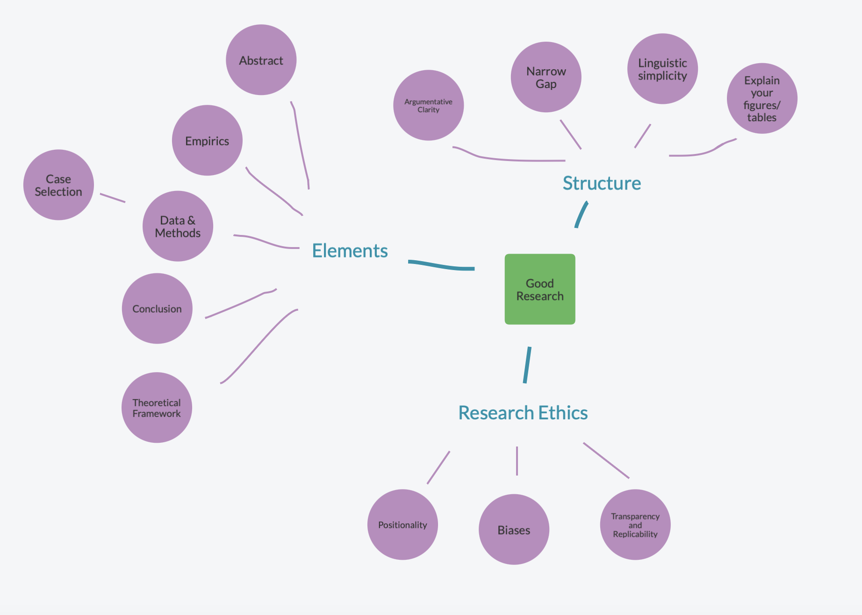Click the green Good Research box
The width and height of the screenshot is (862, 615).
pyautogui.click(x=540, y=289)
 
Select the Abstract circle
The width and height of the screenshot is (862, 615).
pyautogui.click(x=261, y=60)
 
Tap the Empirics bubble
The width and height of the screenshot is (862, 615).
pyautogui.click(x=207, y=140)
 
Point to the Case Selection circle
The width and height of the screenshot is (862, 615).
pyautogui.click(x=58, y=185)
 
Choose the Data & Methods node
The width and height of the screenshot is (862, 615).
pyautogui.click(x=178, y=226)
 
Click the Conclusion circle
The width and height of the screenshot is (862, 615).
pyautogui.click(x=157, y=308)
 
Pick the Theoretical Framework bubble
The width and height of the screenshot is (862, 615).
pyautogui.click(x=157, y=408)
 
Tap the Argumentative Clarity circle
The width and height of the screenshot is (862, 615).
pyautogui.click(x=428, y=105)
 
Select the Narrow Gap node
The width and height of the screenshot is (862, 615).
pyautogui.click(x=546, y=77)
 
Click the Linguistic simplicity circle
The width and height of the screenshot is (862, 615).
pyautogui.click(x=662, y=69)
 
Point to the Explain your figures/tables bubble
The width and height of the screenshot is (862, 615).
pyautogui.click(x=762, y=98)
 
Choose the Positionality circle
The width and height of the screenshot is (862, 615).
pyautogui.click(x=402, y=525)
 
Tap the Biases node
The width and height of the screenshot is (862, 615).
pyautogui.click(x=514, y=529)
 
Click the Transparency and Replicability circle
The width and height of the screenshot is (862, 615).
pyautogui.click(x=635, y=525)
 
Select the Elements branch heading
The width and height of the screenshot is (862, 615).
pyautogui.click(x=350, y=251)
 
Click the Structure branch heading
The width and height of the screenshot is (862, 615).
pyautogui.click(x=602, y=183)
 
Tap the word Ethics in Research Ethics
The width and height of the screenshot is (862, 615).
pyautogui.click(x=563, y=413)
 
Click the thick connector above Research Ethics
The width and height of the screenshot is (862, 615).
pyautogui.click(x=527, y=365)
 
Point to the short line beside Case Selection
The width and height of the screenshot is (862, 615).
pyautogui.click(x=113, y=198)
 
